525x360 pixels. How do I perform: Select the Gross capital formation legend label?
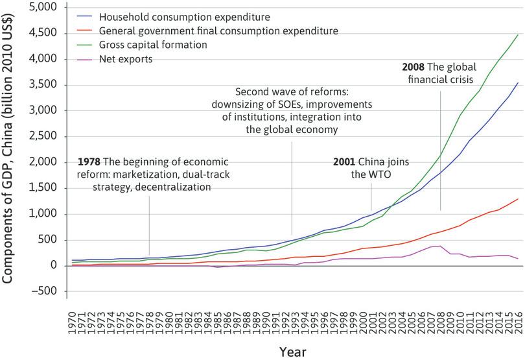tap(153, 45)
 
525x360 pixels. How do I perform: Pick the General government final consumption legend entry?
tap(218, 30)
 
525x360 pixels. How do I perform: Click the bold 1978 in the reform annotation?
tap(89, 161)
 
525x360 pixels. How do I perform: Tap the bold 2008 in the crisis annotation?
tap(414, 66)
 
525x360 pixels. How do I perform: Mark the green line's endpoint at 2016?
tap(518, 34)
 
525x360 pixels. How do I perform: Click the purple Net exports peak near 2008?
tap(440, 246)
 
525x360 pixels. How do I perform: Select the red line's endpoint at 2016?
tap(518, 199)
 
